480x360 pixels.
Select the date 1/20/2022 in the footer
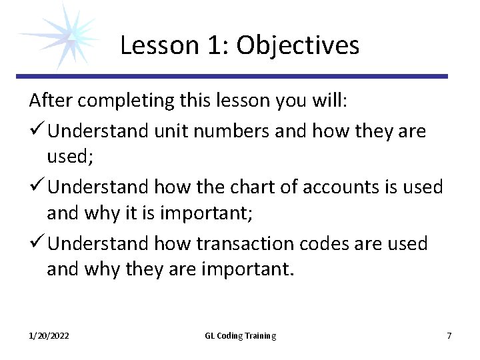point(49,335)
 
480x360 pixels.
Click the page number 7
point(449,335)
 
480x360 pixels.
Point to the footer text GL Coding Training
point(240,335)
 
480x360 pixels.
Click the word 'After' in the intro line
point(49,101)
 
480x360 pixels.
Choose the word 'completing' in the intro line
point(119,101)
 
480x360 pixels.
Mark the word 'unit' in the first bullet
point(173,132)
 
